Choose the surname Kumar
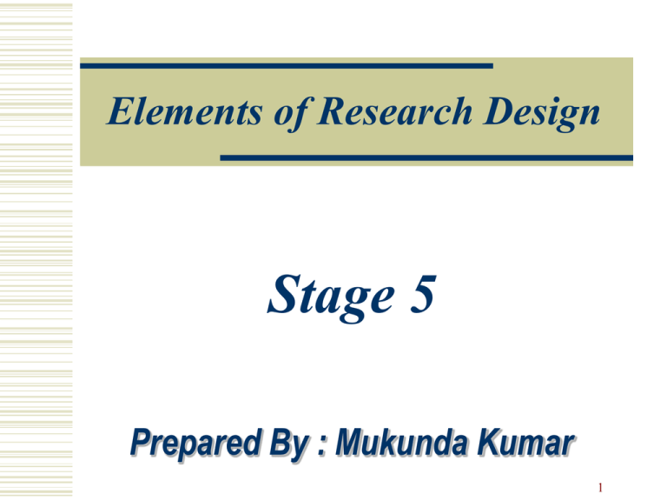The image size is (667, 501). (x=530, y=448)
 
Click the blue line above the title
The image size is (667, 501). (x=287, y=65)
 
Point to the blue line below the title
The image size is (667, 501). (x=426, y=157)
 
